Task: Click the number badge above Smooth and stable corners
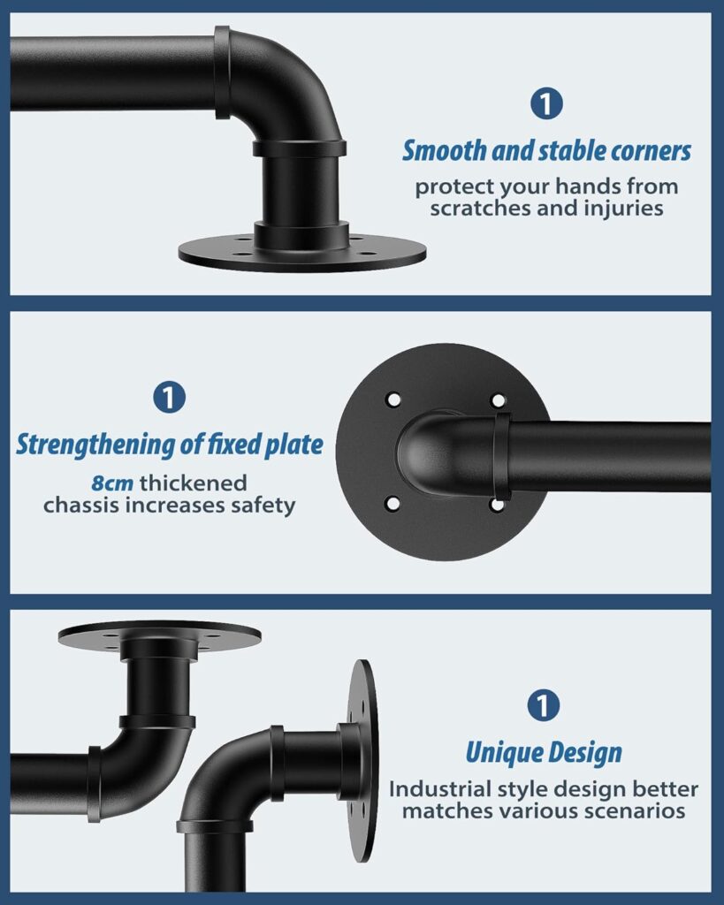[546, 103]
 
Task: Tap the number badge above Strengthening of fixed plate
[169, 397]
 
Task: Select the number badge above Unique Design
[544, 704]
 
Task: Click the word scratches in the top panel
[481, 208]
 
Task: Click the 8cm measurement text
[112, 483]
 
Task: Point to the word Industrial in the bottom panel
[438, 788]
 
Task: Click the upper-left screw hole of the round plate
[393, 399]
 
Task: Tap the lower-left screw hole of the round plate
[392, 503]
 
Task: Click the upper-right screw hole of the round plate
[498, 400]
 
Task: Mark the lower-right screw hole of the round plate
[497, 505]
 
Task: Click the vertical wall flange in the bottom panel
[363, 761]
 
